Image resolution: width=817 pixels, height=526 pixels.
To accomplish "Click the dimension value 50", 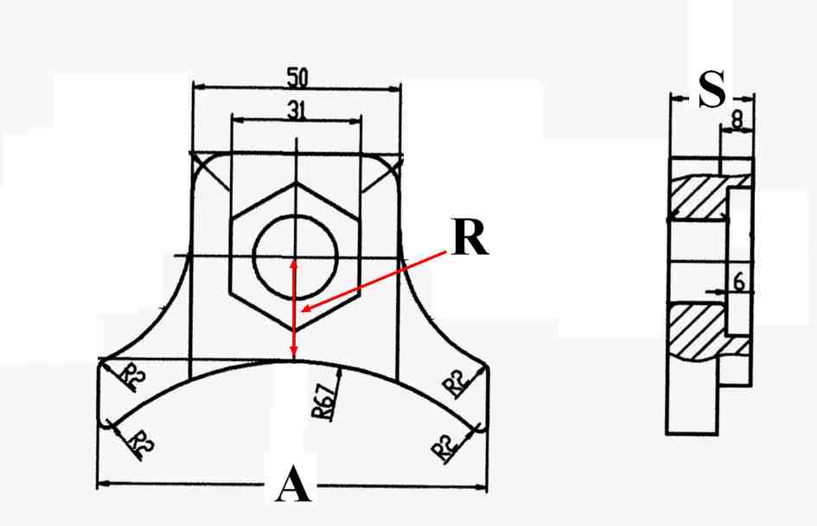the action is [x=297, y=77].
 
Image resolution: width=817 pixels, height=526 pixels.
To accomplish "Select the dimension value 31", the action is [x=297, y=110].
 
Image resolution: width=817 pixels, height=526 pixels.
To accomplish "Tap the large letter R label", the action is [x=470, y=238].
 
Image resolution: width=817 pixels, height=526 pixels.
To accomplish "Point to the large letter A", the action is [x=293, y=484].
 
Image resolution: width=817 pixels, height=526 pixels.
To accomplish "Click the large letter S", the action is [x=712, y=89].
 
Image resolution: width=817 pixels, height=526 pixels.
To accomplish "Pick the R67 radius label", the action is [x=323, y=402].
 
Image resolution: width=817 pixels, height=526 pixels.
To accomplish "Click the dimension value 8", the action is [x=737, y=120].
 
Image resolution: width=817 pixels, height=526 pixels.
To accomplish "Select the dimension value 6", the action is [x=739, y=282].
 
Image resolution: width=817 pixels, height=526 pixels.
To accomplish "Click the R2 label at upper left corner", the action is [x=132, y=376].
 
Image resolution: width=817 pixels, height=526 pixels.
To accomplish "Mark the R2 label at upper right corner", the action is [x=456, y=384].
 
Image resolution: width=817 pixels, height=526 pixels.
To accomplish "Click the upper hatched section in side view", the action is [x=699, y=198].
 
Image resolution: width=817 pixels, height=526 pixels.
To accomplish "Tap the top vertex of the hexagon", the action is [x=297, y=182].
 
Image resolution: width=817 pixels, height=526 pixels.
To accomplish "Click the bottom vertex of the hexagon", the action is [x=296, y=330].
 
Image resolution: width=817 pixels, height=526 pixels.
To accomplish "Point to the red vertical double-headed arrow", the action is [x=294, y=310].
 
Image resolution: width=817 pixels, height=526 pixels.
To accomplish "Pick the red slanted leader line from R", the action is [x=374, y=282].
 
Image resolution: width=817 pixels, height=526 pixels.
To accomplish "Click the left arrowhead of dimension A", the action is [x=103, y=484].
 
